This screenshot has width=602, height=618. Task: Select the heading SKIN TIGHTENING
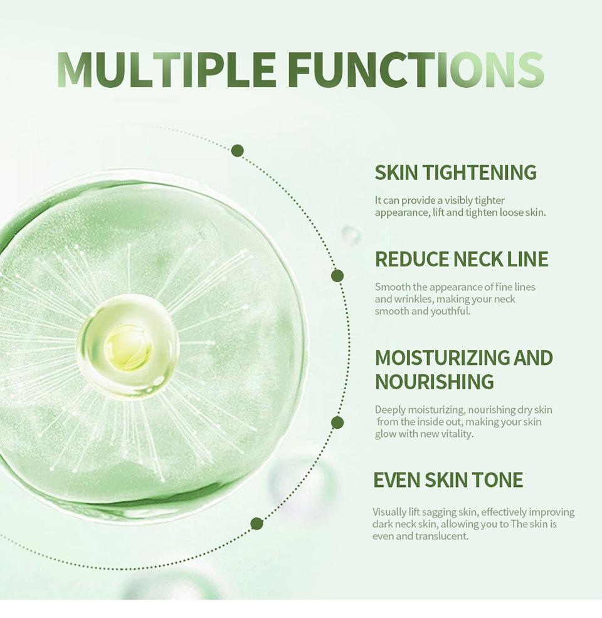pos(455,172)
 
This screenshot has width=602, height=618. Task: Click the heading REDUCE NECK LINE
pos(462,259)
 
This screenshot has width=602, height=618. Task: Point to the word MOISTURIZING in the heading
pos(441,357)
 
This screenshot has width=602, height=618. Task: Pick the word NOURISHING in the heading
pos(434,382)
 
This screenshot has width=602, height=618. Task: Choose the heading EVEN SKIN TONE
pos(448,479)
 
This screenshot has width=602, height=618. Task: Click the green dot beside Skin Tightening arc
pos(237,150)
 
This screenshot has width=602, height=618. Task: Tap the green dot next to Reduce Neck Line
pos(337,276)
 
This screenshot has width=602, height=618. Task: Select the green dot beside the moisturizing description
pos(337,422)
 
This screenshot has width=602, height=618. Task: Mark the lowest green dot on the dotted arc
pos(256,524)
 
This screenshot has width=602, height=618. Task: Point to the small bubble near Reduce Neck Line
pos(351,235)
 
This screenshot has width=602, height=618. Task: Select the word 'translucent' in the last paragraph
pos(441,536)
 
